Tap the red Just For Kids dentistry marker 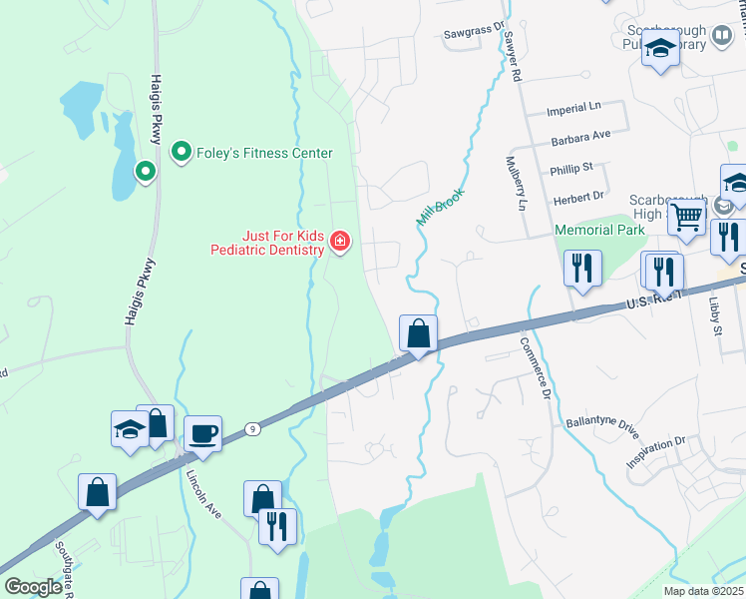pyautogui.click(x=340, y=241)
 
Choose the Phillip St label pyautogui.click(x=571, y=168)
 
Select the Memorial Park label pyautogui.click(x=598, y=230)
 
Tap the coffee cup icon pyautogui.click(x=203, y=434)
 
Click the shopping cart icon pyautogui.click(x=687, y=216)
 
